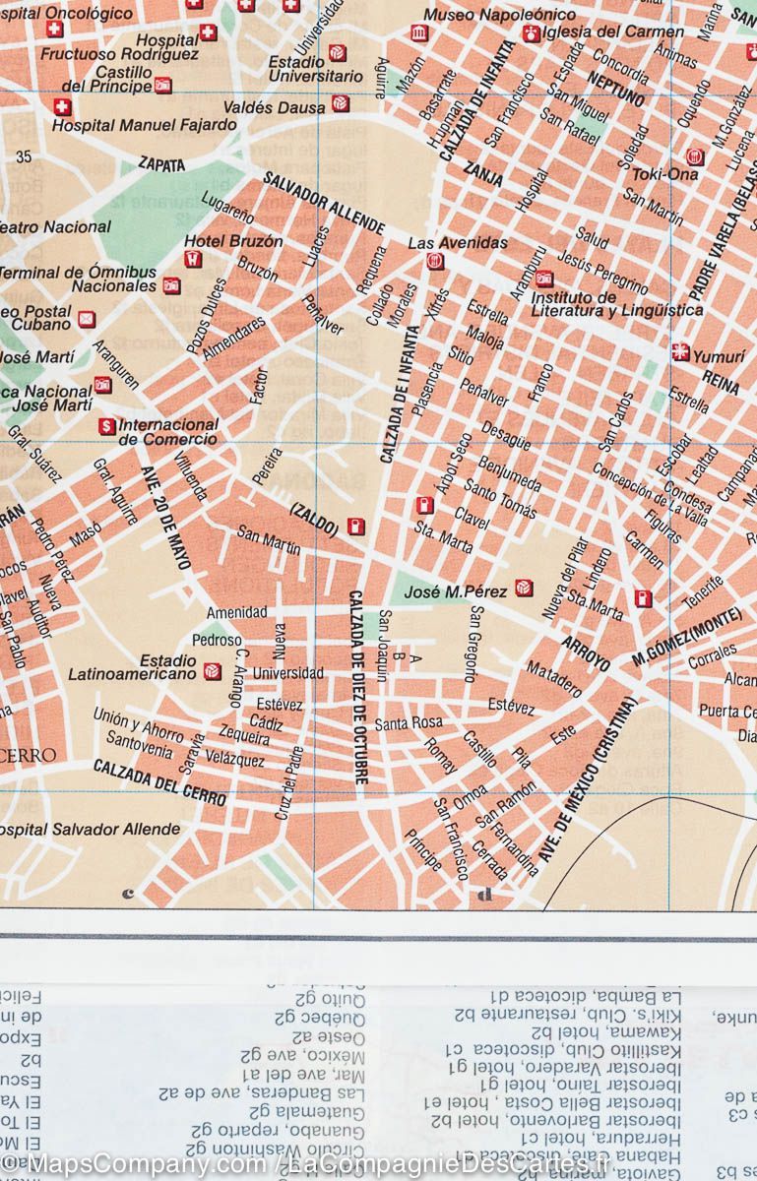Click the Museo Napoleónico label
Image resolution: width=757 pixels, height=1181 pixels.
click(499, 15)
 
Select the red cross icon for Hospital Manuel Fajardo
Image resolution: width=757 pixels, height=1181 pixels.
click(62, 107)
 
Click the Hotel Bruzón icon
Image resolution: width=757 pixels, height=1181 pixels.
click(194, 260)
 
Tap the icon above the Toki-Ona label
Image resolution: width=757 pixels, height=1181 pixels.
click(695, 156)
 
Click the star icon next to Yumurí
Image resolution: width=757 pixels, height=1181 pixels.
click(680, 352)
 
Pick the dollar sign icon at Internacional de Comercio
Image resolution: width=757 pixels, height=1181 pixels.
click(106, 426)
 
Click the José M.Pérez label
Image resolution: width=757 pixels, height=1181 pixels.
click(456, 591)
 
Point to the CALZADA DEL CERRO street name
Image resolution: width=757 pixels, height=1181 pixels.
click(159, 781)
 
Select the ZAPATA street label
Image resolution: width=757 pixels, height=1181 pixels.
click(161, 165)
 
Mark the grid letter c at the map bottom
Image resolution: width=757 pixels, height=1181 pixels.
click(127, 894)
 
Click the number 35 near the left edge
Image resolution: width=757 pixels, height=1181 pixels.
click(24, 156)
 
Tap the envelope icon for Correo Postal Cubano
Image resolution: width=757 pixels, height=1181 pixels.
click(87, 319)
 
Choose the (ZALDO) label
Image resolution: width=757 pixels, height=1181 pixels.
click(314, 522)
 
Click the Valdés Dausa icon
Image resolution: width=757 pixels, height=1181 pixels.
click(340, 103)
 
